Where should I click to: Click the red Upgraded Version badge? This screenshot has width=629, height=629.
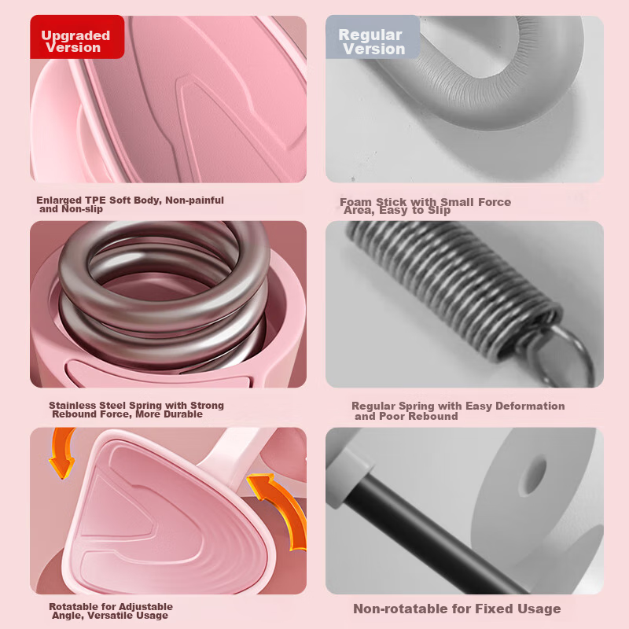click(77, 37)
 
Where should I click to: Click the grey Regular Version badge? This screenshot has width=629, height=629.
click(373, 37)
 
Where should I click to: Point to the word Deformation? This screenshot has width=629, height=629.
click(530, 406)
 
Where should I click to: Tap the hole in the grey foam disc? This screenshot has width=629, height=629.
click(534, 476)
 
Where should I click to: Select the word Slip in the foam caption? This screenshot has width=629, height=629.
click(439, 210)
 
